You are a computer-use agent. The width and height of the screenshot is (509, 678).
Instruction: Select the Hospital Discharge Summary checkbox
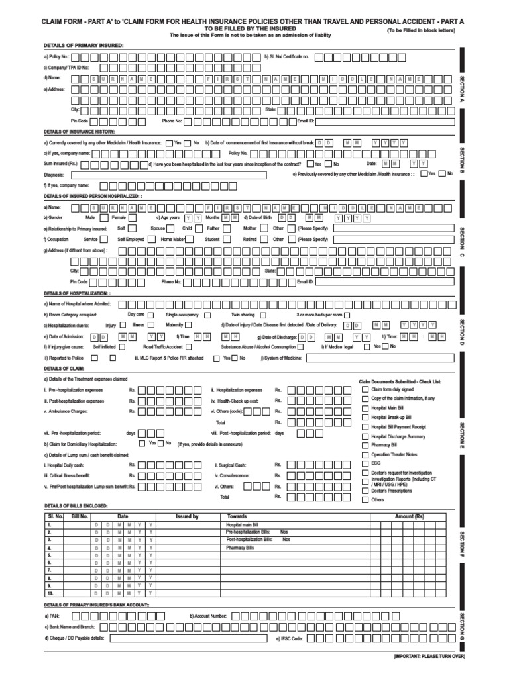[365, 436]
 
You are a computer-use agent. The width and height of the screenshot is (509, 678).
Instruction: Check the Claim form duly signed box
[365, 389]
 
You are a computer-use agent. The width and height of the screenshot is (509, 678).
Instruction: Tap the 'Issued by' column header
[187, 516]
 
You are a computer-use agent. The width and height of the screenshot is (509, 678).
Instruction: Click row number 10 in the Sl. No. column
[50, 593]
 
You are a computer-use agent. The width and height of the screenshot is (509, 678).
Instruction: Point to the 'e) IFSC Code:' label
[289, 639]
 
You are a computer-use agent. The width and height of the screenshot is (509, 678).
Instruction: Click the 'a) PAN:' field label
[52, 615]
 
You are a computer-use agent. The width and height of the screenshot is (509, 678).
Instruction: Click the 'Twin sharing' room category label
[243, 314]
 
